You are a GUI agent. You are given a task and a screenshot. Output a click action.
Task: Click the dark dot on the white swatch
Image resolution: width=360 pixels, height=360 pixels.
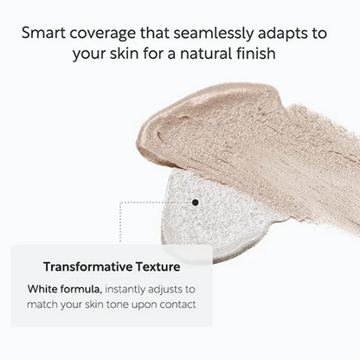pyautogui.click(x=196, y=202)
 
